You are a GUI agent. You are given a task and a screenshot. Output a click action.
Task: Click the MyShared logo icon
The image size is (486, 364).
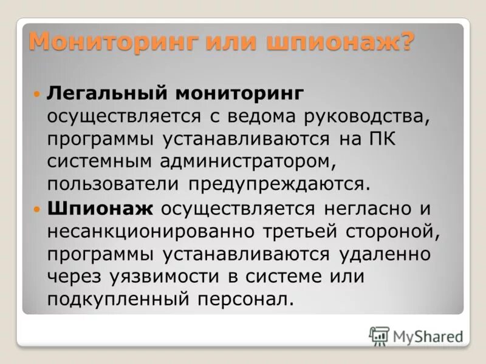378,335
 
